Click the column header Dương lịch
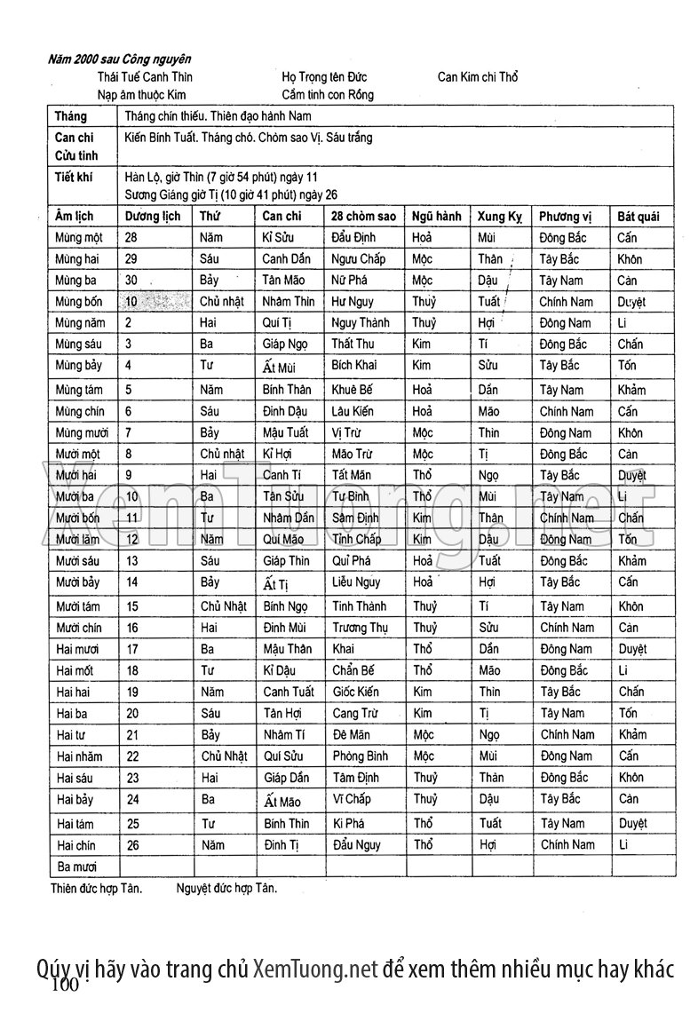[153, 216]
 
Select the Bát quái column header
[639, 216]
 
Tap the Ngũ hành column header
[436, 216]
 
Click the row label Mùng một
[78, 238]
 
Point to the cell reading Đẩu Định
[355, 238]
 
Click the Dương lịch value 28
[131, 238]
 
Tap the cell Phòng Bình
[361, 756]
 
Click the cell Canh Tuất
[289, 692]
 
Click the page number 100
[67, 985]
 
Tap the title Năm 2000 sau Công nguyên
[120, 59]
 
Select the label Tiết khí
[73, 177]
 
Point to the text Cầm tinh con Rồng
[328, 94]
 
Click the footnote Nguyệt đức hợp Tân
[226, 887]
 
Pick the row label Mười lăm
[77, 539]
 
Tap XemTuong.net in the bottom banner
[315, 967]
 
